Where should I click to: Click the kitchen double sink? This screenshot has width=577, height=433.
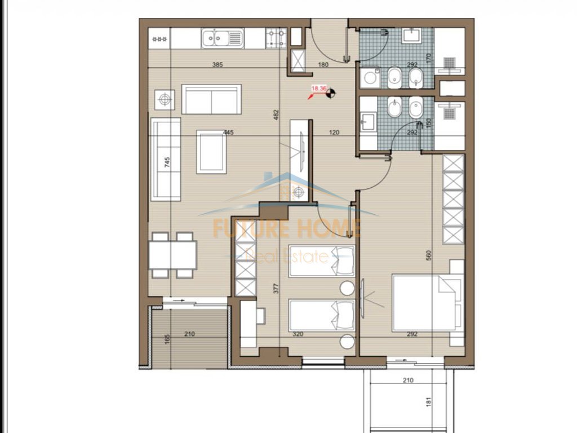(222, 38)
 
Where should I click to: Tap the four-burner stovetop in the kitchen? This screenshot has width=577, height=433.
(276, 38)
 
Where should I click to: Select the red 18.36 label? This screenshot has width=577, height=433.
(319, 89)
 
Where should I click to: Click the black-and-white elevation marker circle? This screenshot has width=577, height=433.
(331, 94)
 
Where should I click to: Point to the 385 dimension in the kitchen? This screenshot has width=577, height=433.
(218, 64)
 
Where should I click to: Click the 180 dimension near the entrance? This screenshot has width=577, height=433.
(323, 64)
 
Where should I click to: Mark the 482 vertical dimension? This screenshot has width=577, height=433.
(276, 115)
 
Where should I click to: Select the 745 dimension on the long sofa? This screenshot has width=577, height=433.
(167, 162)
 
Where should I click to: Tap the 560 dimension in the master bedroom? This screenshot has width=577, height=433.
(428, 255)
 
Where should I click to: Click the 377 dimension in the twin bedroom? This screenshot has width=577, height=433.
(276, 288)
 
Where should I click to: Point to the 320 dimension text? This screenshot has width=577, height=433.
(298, 334)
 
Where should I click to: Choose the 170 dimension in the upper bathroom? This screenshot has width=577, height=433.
(428, 58)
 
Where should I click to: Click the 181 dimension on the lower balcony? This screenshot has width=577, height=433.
(428, 401)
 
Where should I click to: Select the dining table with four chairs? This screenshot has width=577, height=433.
(172, 255)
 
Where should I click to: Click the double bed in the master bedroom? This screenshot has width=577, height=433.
(428, 303)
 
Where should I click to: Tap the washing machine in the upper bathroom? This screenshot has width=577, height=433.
(370, 78)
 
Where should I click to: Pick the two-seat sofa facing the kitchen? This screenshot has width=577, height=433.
(212, 99)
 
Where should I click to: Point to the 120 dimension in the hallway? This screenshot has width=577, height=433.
(334, 132)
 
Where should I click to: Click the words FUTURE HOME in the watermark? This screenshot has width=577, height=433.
(287, 228)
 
